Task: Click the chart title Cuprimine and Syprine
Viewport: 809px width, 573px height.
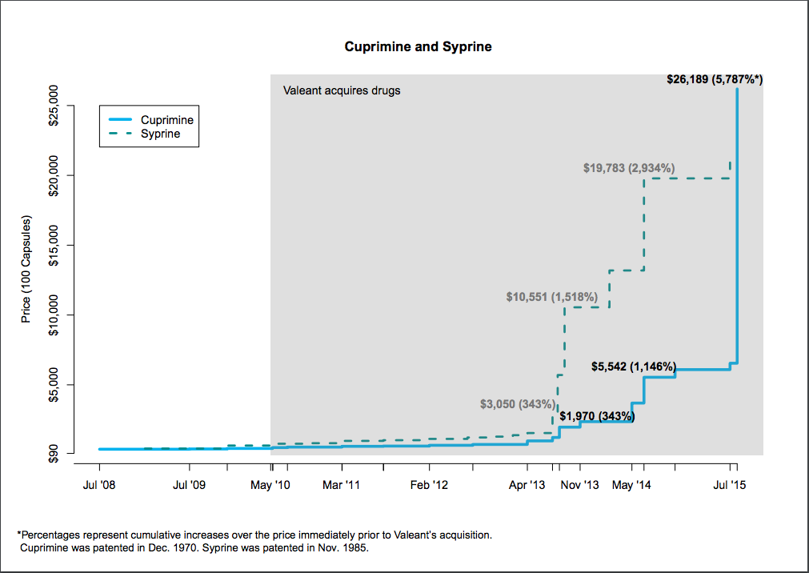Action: pos(418,46)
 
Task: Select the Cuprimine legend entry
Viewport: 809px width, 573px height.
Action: pos(166,120)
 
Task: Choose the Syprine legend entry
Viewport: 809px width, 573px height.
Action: pos(160,134)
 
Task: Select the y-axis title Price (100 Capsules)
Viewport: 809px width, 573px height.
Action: pos(26,269)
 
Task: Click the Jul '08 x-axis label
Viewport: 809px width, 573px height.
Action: pos(99,485)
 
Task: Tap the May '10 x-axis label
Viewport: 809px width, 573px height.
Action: pos(271,485)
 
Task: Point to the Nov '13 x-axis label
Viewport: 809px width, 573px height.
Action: pos(579,485)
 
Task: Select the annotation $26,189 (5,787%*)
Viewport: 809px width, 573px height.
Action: pos(715,80)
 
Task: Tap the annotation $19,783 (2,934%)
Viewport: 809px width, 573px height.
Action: pos(629,168)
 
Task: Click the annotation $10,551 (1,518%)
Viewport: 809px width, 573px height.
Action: pos(551,297)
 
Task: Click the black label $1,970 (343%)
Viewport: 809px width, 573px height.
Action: pos(597,416)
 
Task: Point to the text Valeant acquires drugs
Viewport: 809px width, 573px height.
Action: pos(342,90)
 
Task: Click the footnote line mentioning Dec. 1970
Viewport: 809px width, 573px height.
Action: pos(194,549)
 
